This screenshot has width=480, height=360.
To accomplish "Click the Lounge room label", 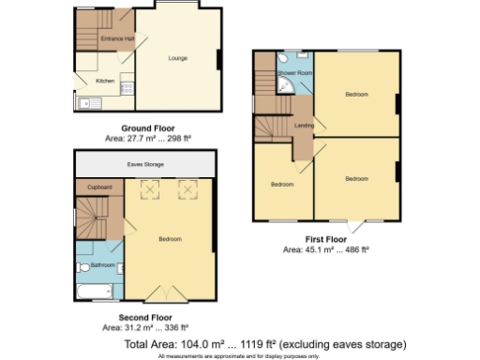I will point(178,58).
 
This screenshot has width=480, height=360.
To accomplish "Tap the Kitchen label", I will point(106,81).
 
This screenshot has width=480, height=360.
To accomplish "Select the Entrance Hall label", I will point(117,38).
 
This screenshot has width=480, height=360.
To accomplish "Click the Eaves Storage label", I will point(144,164).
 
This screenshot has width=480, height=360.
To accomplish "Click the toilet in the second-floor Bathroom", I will point(83,267).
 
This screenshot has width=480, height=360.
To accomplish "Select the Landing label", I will point(304,125).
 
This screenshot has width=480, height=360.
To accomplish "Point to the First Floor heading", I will point(325,241).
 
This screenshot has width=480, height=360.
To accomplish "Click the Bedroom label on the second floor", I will point(170,239).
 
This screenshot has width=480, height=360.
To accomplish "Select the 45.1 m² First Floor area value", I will point(314,250).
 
